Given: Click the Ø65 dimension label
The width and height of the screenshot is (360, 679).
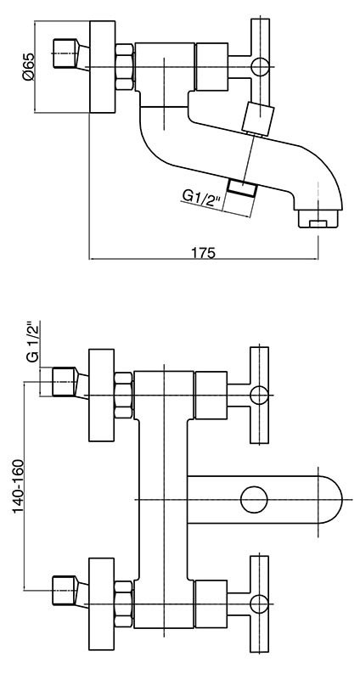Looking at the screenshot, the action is point(28,67).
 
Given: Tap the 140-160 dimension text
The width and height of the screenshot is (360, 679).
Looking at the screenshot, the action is point(18,486).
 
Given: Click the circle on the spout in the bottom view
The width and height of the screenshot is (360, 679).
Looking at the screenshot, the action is point(254,499).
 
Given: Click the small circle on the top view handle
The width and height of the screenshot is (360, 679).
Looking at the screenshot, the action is point(260,67).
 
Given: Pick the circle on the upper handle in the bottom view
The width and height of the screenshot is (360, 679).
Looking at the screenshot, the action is point(260,396).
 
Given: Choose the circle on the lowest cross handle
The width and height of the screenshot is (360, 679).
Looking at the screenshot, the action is point(260,603).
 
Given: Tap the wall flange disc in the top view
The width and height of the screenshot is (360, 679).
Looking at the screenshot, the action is point(103,67).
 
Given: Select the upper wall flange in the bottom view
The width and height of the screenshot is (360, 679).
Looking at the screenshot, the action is point(102,395).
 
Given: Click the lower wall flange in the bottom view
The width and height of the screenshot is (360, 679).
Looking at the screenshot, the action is point(102,604).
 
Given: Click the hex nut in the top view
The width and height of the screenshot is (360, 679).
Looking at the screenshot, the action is point(124,67).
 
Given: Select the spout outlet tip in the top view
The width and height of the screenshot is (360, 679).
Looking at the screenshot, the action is point(318,219).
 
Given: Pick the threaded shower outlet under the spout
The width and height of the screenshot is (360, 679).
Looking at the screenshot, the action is point(242,188).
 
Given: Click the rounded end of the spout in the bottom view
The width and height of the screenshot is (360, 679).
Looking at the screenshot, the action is point(330,499).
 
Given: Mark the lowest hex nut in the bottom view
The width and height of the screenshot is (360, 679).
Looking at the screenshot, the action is point(123,604).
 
